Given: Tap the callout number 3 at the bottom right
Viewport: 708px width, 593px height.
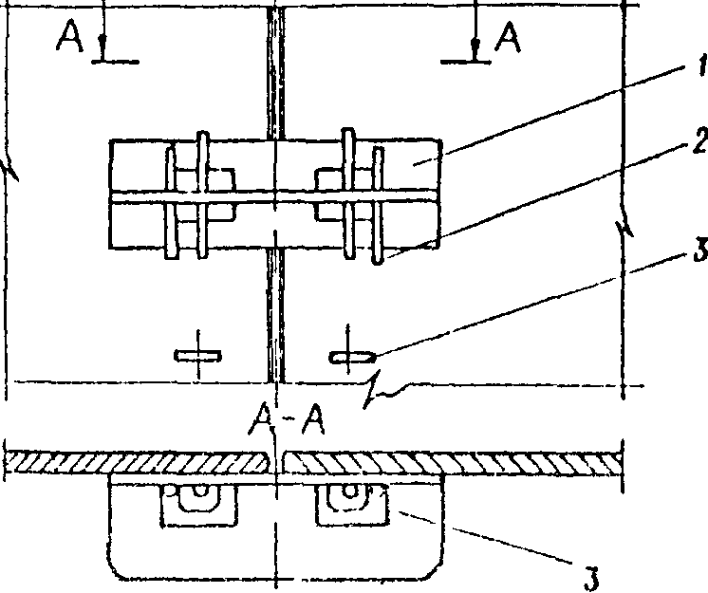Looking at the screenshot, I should pyautogui.click(x=589, y=576).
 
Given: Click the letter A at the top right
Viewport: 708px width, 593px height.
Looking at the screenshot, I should pyautogui.click(x=509, y=38).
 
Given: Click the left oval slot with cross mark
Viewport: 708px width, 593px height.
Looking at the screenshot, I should pyautogui.click(x=197, y=356).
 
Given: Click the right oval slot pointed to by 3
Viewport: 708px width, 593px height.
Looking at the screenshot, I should pyautogui.click(x=352, y=357).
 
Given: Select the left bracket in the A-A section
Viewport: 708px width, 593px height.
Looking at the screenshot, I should pyautogui.click(x=197, y=503).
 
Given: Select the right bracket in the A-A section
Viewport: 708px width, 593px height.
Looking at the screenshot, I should pyautogui.click(x=351, y=503).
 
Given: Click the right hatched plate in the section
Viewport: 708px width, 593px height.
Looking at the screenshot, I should pyautogui.click(x=456, y=461).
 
